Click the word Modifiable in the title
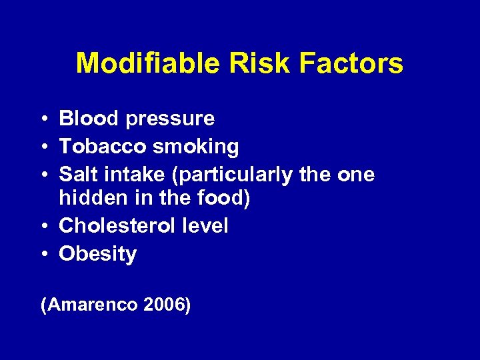pos(148,63)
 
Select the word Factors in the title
pos(351,63)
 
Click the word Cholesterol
pos(117,226)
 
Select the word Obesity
pos(97,255)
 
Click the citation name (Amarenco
pos(89,305)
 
